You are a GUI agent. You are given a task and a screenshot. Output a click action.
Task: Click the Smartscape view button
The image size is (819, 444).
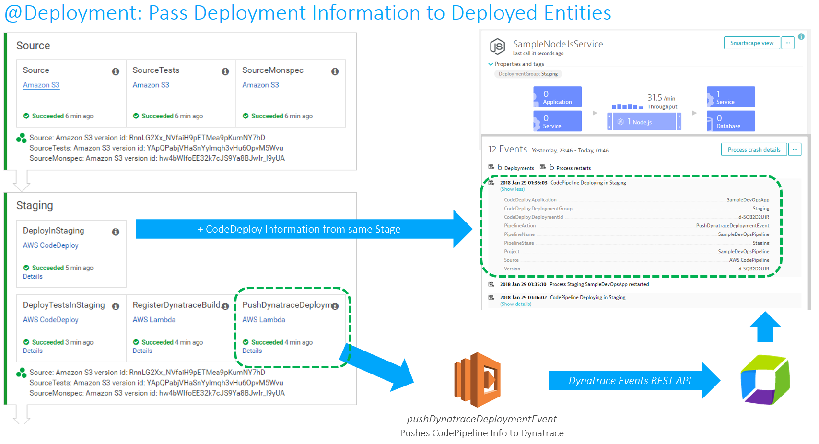(x=751, y=43)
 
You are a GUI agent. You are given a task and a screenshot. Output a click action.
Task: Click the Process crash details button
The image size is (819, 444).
(x=753, y=150)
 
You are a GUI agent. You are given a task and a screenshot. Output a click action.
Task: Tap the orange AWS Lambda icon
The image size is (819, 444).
(x=478, y=379)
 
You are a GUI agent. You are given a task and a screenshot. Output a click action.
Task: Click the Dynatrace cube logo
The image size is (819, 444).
(x=765, y=380)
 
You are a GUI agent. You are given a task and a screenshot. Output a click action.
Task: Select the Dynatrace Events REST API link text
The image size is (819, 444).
(x=629, y=381)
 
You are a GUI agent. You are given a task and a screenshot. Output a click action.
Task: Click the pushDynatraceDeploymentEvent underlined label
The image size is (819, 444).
(x=481, y=419)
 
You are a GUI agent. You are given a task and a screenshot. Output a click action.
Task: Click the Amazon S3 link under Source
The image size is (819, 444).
(x=41, y=85)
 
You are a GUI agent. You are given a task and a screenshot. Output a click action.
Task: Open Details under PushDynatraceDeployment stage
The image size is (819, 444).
(x=252, y=351)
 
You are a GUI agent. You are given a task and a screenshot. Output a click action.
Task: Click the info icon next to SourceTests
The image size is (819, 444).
(x=225, y=71)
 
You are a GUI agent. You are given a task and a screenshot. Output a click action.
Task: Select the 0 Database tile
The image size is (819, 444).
(x=730, y=121)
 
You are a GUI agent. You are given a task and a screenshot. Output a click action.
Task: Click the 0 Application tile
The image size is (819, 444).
(x=558, y=97)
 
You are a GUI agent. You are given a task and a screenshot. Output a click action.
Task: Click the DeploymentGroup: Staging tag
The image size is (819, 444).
(x=528, y=74)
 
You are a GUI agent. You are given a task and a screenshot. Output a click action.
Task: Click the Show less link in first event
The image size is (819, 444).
(x=512, y=189)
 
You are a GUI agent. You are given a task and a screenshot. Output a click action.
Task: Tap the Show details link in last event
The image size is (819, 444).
(x=515, y=304)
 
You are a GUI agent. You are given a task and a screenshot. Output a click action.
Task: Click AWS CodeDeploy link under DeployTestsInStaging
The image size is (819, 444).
(x=50, y=320)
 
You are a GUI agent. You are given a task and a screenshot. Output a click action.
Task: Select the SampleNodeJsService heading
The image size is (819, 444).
(x=558, y=44)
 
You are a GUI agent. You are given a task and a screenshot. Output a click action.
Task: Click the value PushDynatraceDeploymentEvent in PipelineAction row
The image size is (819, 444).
(x=732, y=226)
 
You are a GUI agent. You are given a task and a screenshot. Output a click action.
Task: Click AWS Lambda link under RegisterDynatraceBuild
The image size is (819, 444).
(x=154, y=320)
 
